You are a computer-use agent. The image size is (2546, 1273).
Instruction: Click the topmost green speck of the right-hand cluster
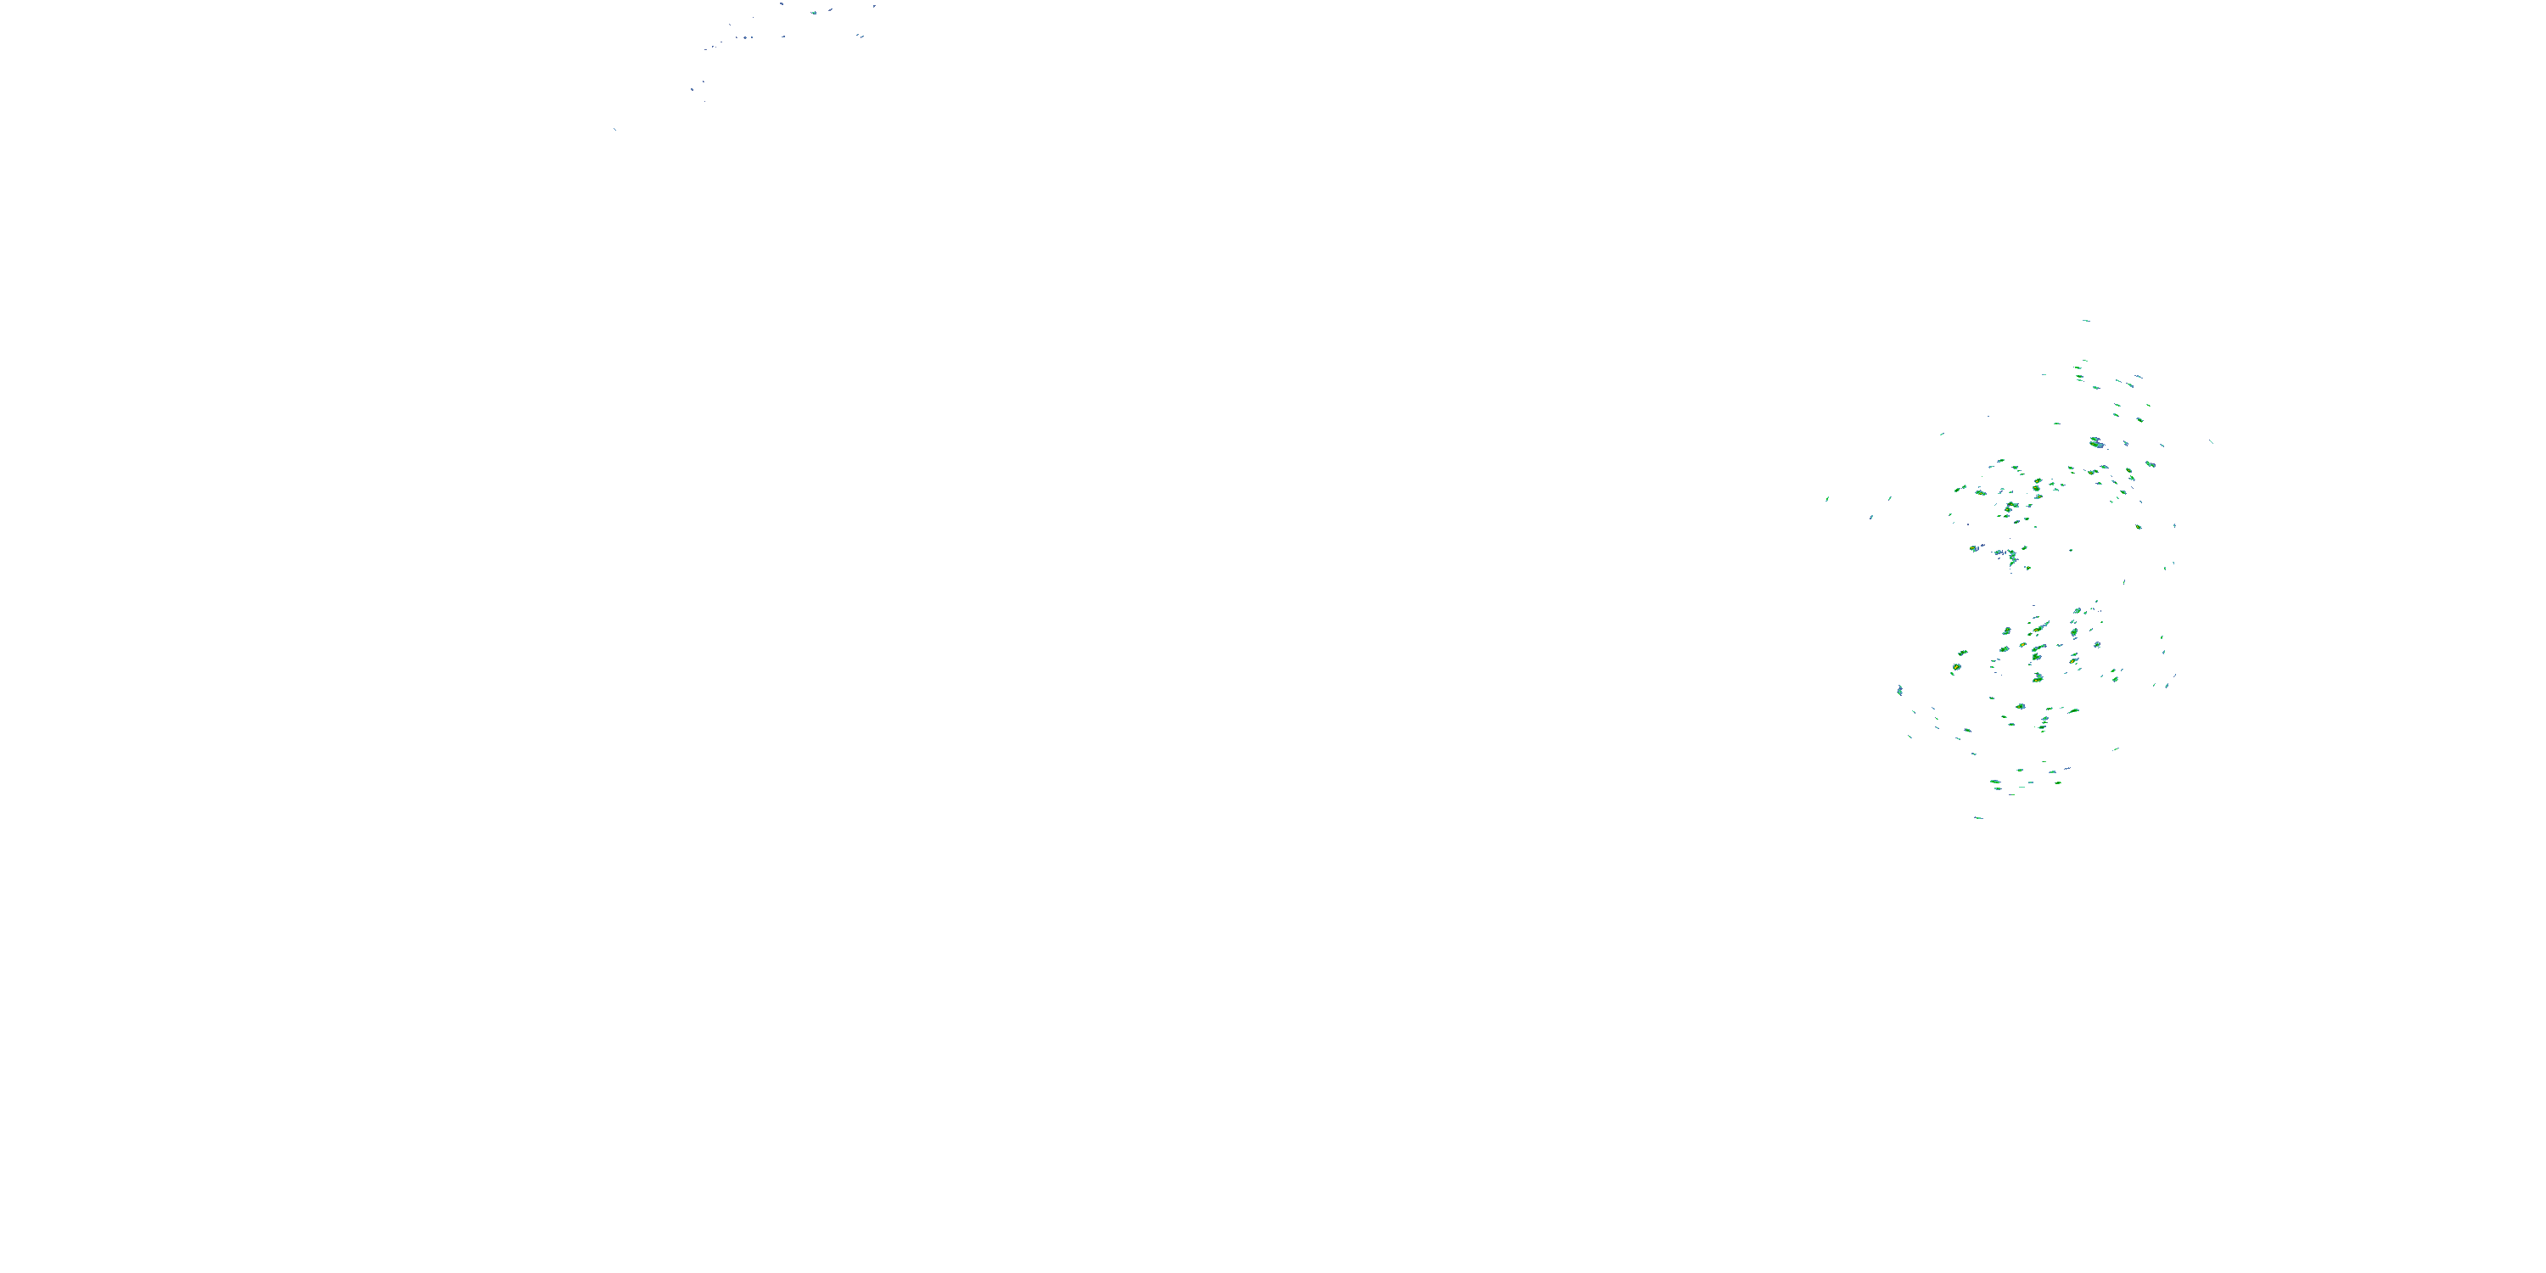click(2085, 320)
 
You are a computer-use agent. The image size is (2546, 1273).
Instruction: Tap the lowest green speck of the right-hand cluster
click(1977, 817)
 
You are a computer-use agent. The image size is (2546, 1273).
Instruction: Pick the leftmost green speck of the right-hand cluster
click(1826, 499)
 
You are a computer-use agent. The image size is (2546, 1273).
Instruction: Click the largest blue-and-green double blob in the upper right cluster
click(2096, 443)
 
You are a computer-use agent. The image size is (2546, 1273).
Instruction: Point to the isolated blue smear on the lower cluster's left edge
click(1899, 690)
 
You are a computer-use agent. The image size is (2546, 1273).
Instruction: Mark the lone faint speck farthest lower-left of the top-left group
click(614, 128)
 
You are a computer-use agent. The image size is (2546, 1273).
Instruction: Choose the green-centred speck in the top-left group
click(813, 13)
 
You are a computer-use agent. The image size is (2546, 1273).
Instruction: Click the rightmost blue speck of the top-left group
click(875, 6)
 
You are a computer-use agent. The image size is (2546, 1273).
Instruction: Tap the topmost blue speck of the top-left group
click(781, 4)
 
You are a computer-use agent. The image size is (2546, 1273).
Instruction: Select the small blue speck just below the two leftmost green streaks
click(1871, 517)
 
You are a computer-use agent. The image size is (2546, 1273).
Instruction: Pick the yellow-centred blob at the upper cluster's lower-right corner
click(2138, 527)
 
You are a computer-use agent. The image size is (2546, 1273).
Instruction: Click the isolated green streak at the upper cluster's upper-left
click(1942, 434)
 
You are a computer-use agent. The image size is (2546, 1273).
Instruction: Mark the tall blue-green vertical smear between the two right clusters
click(2011, 558)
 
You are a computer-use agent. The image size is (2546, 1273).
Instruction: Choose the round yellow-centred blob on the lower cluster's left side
click(1956, 668)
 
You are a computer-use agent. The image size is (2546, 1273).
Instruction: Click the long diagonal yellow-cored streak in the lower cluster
click(2038, 629)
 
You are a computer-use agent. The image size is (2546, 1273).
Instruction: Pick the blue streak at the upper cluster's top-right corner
click(2138, 377)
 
